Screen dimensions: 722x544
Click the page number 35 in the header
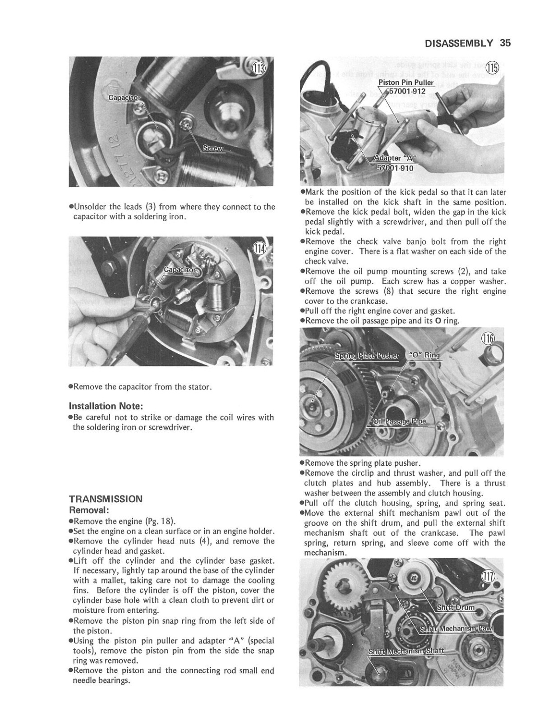pos(505,43)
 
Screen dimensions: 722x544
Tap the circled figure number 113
pos(259,69)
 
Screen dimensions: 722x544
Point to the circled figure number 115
pos(493,68)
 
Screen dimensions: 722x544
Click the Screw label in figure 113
pos(213,148)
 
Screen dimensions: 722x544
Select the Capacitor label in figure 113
pos(124,98)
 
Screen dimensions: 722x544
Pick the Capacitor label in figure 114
pos(180,270)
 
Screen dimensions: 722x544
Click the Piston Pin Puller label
pos(406,83)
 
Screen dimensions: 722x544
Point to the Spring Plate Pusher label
pos(366,355)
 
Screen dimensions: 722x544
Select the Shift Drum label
pos(456,607)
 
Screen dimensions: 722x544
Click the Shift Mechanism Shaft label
pos(406,651)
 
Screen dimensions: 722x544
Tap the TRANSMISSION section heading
pos(106,499)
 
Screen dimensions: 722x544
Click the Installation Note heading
pos(106,406)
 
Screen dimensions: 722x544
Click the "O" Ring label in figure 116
pos(424,355)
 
